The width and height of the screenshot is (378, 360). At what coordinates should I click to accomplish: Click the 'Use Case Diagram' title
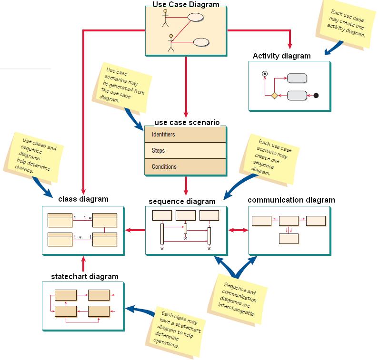[186, 5]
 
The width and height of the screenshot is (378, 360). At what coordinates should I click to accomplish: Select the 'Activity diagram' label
[281, 56]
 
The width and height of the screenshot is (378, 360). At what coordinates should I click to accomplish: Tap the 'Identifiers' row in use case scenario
[185, 135]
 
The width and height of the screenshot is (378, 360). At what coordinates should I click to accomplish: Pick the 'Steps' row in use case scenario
[185, 150]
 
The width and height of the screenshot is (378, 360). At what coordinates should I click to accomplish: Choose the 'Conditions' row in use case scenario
[185, 166]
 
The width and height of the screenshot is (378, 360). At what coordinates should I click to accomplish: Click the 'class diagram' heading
[83, 199]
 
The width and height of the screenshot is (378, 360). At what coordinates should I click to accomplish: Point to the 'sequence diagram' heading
[182, 201]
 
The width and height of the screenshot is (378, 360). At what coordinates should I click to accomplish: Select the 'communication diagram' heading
[291, 200]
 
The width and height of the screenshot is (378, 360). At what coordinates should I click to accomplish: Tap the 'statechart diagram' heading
[85, 276]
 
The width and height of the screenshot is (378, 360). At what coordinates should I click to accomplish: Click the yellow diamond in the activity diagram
[274, 96]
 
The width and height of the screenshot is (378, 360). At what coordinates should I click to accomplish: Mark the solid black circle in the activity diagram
[316, 96]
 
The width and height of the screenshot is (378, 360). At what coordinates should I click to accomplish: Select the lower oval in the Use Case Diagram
[201, 41]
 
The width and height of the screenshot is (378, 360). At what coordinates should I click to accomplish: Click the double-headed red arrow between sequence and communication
[239, 230]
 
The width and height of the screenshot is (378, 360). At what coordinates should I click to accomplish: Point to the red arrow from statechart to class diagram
[83, 266]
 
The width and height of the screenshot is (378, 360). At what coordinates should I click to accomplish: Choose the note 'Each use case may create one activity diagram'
[346, 23]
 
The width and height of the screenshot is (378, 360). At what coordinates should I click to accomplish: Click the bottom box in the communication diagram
[288, 238]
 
